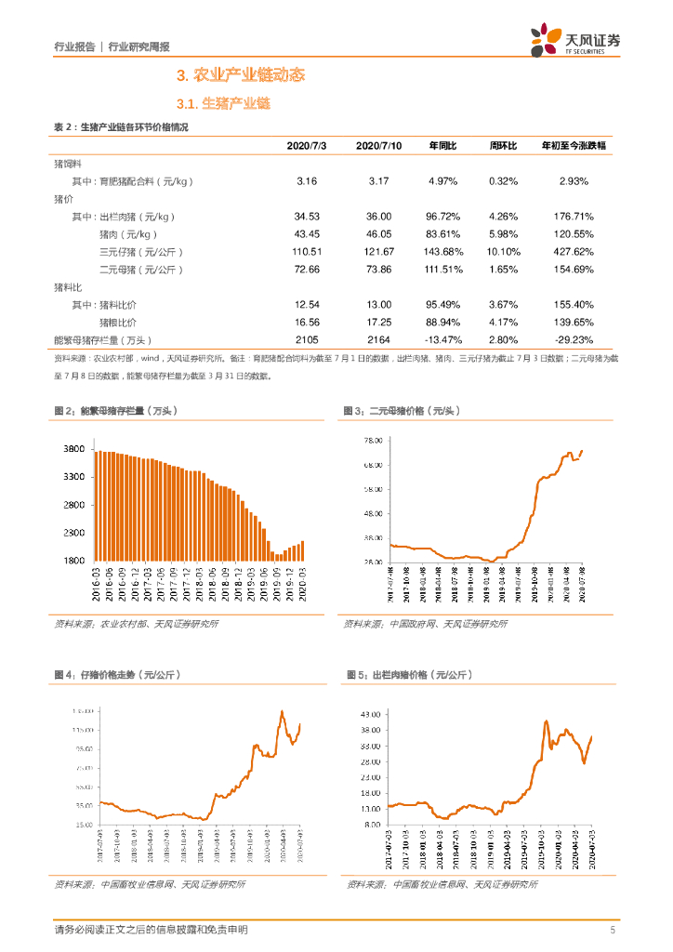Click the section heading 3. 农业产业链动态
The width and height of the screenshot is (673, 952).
click(241, 75)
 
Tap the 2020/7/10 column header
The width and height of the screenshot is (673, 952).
click(378, 146)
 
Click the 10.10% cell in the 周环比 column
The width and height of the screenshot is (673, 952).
click(504, 252)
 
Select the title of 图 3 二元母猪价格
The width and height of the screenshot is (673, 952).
click(402, 411)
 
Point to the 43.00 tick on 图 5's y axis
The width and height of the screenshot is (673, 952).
click(370, 712)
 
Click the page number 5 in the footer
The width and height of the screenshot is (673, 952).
click(612, 931)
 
